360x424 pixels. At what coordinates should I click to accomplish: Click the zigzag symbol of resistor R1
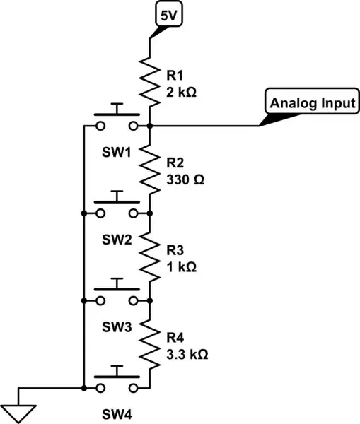(150, 80)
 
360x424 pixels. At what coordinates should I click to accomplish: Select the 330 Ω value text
(186, 179)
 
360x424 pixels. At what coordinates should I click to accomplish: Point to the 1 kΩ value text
(182, 267)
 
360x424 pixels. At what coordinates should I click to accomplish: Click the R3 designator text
(175, 251)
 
